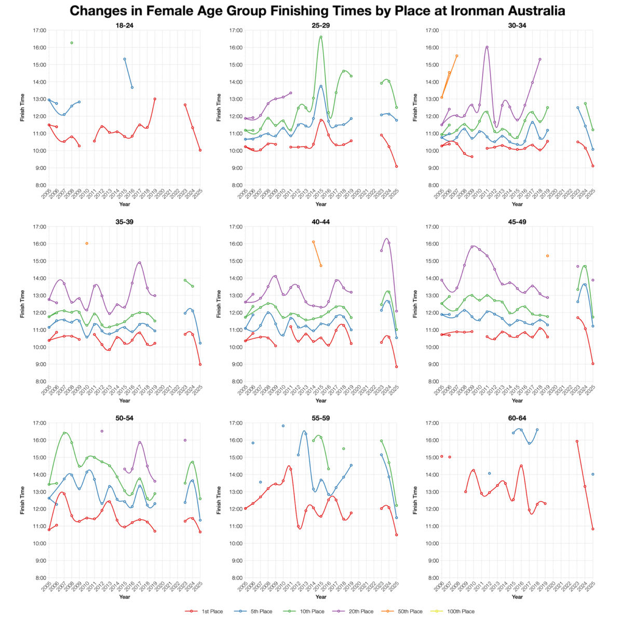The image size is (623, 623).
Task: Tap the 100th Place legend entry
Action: [x=454, y=612]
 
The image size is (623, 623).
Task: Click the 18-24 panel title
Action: [x=125, y=25]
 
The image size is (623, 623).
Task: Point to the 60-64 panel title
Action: [x=517, y=417]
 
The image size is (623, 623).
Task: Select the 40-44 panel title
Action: [x=321, y=222]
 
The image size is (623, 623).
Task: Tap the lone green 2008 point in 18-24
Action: [x=72, y=43]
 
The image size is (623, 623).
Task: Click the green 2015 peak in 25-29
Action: [x=321, y=37]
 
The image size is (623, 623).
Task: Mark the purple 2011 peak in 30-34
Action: [x=487, y=47]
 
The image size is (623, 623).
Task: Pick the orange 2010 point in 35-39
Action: [x=87, y=243]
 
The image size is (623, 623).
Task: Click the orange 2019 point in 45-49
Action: [x=547, y=255]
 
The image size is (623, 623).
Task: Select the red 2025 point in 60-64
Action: [x=592, y=529]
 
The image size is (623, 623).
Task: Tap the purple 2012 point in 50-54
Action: [x=102, y=431]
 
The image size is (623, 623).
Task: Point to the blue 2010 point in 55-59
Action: [x=283, y=426]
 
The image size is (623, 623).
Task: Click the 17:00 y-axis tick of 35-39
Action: [x=39, y=226]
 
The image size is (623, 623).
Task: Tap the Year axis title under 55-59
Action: [x=321, y=597]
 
